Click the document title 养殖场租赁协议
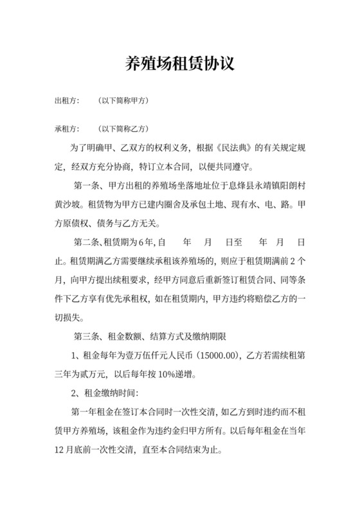tap(179, 64)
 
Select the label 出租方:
tap(67, 102)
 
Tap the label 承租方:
tap(67, 128)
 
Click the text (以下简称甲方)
tap(123, 102)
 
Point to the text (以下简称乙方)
tap(123, 128)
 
